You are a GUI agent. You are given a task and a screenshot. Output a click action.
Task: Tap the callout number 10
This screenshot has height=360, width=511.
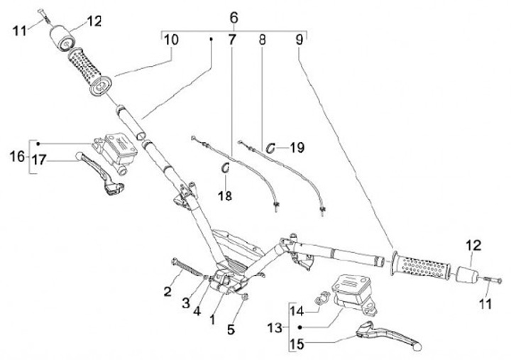(171, 40)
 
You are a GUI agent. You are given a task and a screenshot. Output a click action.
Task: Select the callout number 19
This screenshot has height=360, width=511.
(297, 148)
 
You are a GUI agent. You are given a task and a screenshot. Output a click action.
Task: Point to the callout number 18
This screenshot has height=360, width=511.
(226, 195)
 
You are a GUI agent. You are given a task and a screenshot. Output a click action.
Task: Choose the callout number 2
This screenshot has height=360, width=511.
(167, 290)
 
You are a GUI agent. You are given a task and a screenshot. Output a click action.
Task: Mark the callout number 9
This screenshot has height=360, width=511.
(300, 40)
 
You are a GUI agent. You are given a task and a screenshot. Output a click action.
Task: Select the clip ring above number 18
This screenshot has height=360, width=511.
(226, 168)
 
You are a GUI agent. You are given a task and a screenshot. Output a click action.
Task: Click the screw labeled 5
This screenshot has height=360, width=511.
(243, 298)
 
